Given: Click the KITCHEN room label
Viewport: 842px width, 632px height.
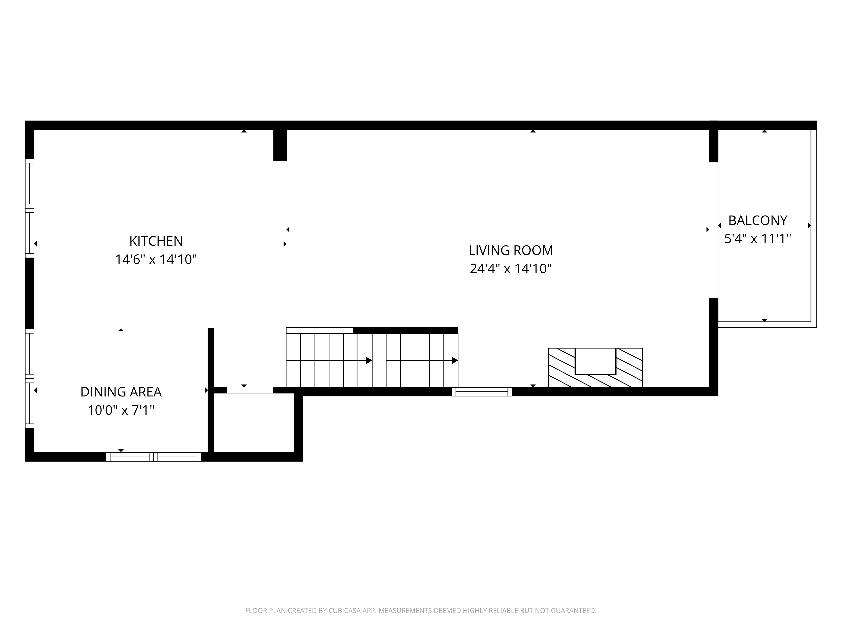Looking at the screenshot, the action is pos(156,241).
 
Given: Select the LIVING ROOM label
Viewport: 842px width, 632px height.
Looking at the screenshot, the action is pos(511,250).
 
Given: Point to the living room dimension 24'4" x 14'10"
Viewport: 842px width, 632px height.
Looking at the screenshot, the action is pos(511,269).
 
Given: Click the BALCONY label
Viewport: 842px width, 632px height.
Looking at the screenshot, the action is pos(758,221).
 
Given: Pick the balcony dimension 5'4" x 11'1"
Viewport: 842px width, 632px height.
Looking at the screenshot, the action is pos(758,239).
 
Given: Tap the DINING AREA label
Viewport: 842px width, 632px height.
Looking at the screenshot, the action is pos(121,392).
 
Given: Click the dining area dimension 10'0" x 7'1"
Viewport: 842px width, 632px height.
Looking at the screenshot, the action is pos(121,411).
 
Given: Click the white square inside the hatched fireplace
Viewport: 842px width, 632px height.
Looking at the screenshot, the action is pos(595,361).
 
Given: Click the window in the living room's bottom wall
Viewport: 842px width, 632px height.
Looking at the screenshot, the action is pos(482,392).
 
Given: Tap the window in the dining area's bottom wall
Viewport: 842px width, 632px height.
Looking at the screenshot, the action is pos(153,457).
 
